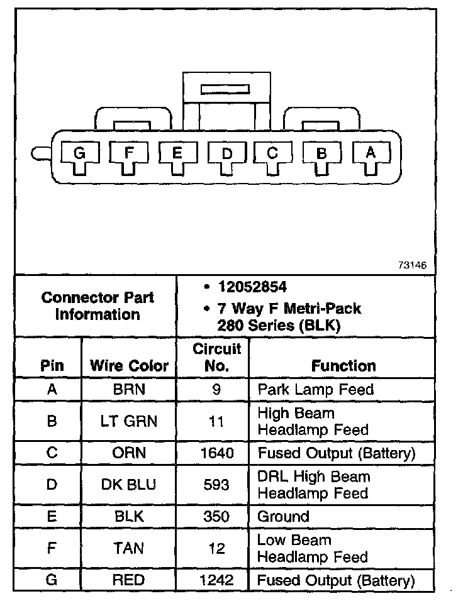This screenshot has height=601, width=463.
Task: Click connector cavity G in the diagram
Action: coord(79,153)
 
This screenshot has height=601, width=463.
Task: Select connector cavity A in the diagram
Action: coord(371,152)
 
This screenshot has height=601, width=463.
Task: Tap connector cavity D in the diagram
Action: coord(226,153)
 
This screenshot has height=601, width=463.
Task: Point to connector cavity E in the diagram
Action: coord(177,153)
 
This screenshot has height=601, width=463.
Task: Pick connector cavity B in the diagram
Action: coord(321,153)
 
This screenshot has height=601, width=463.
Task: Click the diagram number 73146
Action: coord(412,265)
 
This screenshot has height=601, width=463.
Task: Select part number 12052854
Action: coord(252,287)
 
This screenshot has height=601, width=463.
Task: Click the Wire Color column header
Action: coord(130,366)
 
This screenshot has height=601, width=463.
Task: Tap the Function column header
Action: coord(343,366)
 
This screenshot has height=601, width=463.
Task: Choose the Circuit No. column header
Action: coord(216,357)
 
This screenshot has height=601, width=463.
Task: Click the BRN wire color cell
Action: coord(129,389)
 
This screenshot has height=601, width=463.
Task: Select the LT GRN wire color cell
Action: coord(129,422)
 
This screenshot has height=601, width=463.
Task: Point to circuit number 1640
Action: coord(216,453)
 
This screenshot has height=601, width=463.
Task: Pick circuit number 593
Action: coord(216,485)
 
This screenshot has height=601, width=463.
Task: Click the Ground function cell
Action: coord(283,517)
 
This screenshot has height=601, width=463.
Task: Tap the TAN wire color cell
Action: coord(129,548)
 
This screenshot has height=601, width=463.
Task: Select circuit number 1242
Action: coord(216,580)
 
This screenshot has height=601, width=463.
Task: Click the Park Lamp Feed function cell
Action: coord(315,389)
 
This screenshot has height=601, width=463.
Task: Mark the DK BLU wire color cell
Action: coord(129,485)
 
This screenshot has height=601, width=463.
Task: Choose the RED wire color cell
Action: coord(129,580)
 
